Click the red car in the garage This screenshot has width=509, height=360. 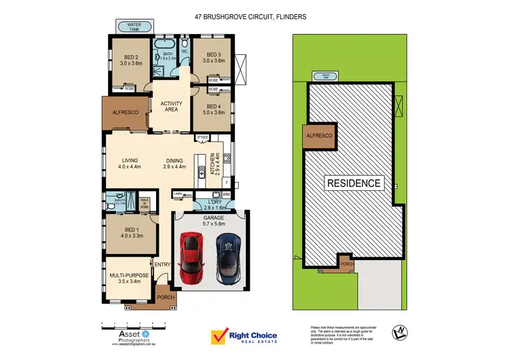191,259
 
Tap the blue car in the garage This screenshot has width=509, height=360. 227,259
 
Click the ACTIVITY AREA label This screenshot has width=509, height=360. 171,106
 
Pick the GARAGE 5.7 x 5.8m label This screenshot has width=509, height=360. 209,221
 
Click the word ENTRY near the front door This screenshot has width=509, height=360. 162,264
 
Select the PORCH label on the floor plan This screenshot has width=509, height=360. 164,298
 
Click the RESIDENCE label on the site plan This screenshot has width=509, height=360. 354,183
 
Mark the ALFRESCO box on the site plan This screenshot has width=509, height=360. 319,137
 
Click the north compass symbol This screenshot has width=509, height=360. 399,332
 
